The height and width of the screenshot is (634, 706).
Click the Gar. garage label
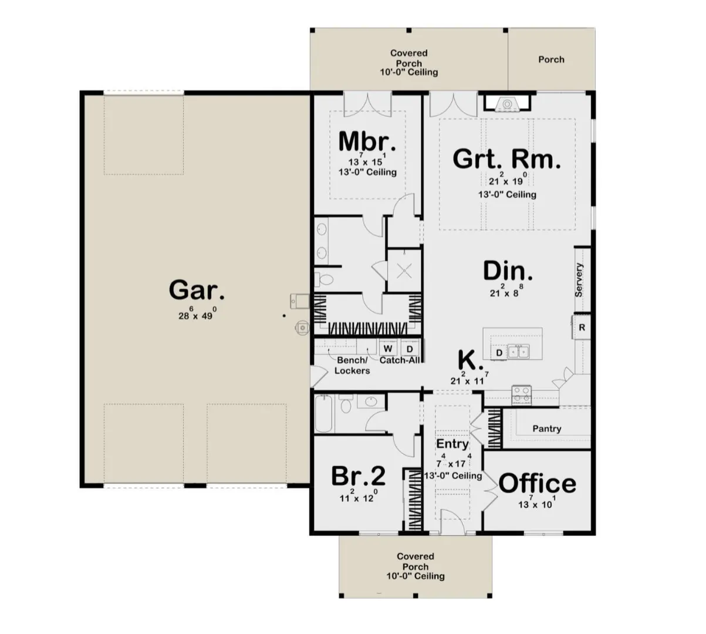click(x=196, y=290)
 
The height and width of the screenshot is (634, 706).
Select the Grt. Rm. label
click(x=506, y=158)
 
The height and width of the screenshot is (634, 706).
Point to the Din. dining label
click(x=508, y=271)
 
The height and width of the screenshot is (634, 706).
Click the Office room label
click(x=537, y=484)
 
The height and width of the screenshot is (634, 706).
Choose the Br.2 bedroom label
click(x=359, y=476)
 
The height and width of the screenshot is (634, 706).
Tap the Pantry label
click(x=546, y=429)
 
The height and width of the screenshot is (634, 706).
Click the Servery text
click(x=579, y=279)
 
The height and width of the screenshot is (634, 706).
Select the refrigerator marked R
click(x=582, y=328)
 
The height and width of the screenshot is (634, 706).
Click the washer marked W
click(x=388, y=349)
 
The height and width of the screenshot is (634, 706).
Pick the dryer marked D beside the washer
click(x=410, y=349)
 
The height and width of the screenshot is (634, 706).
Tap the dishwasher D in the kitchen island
click(x=499, y=352)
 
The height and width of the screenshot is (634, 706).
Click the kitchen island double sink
click(x=519, y=352)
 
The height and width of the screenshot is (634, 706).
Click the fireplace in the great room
click(x=506, y=104)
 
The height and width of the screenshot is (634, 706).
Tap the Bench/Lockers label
click(x=352, y=365)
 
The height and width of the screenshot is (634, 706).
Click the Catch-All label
click(x=400, y=360)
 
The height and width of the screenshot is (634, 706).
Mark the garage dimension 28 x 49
click(x=197, y=314)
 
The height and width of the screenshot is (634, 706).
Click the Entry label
click(x=452, y=444)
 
